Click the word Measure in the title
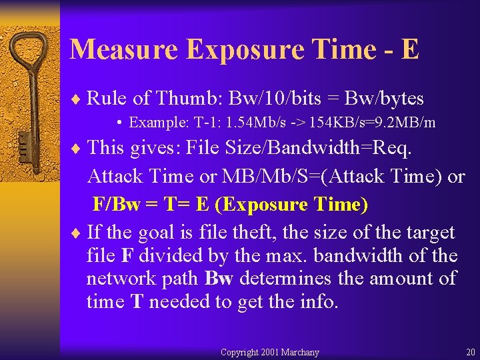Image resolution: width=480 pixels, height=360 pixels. pyautogui.click(x=124, y=49)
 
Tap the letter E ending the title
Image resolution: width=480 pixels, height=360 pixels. pyautogui.click(x=411, y=49)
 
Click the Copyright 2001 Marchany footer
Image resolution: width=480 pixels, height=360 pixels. pyautogui.click(x=269, y=352)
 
